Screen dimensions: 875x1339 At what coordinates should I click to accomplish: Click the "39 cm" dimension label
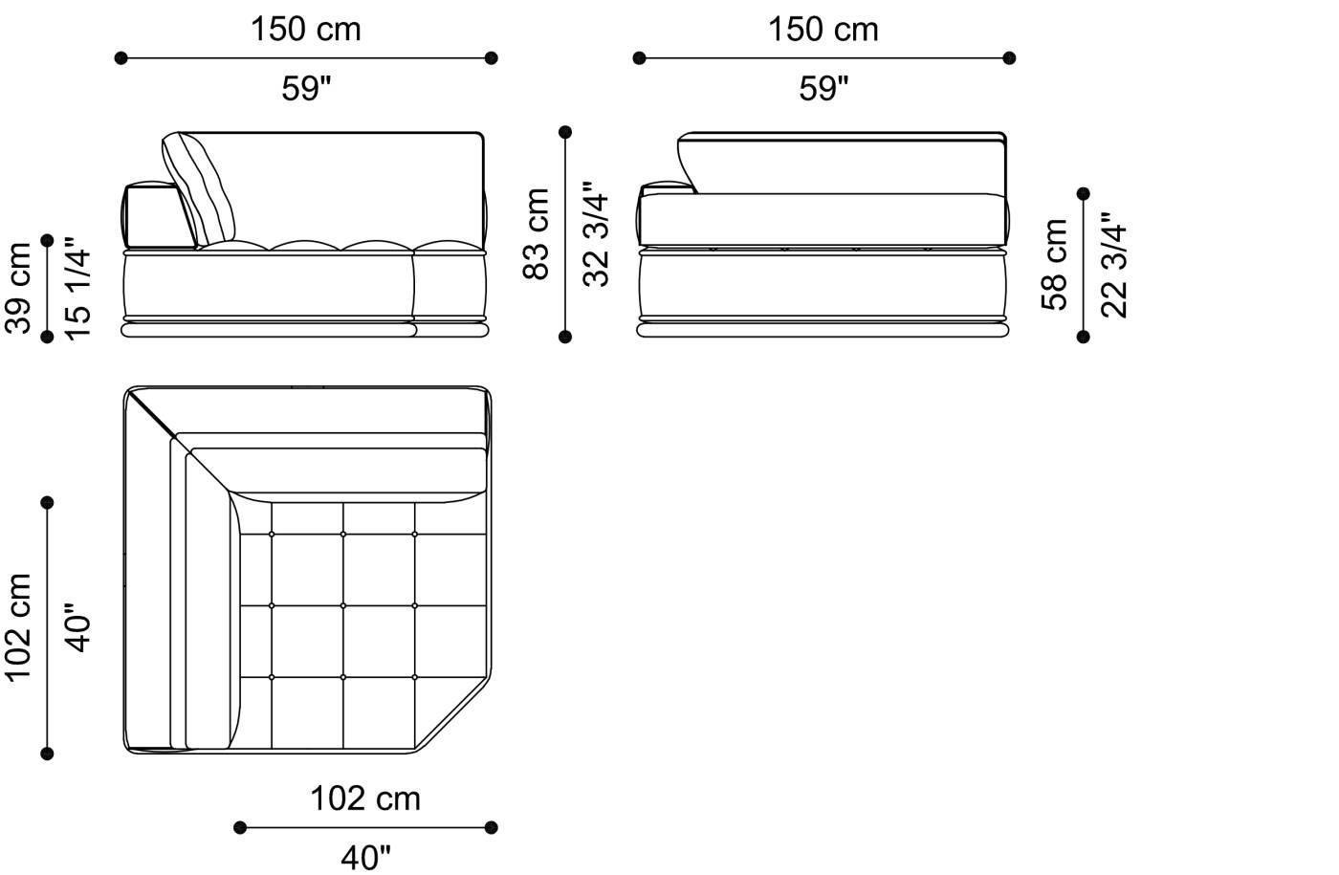point(19,287)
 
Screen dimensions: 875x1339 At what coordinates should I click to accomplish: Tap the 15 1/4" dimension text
point(78,292)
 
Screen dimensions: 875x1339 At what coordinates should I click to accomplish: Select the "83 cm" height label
point(537,233)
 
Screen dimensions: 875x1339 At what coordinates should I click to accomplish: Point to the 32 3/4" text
point(596,234)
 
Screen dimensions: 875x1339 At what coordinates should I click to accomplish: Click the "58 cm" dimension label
point(1054,264)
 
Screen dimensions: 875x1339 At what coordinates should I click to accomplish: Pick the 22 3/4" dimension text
point(1114,265)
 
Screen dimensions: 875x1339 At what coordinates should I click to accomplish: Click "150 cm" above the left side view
point(306,30)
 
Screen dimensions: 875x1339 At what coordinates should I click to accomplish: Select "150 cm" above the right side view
point(823,30)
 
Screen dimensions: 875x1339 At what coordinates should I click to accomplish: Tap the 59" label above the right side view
point(823,89)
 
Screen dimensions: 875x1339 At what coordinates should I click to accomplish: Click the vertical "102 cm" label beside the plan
point(19,627)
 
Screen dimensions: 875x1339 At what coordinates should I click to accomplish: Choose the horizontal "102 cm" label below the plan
point(364,798)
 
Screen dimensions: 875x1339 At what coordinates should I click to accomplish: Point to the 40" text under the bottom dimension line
point(365,858)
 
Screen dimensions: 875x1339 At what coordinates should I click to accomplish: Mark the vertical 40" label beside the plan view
point(78,627)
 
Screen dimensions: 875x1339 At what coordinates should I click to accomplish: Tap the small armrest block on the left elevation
point(151,214)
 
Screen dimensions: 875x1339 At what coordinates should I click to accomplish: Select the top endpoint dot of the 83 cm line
point(565,132)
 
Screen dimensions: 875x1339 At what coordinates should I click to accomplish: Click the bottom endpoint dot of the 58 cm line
point(1083,337)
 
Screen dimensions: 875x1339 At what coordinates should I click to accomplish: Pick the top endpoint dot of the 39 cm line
point(48,240)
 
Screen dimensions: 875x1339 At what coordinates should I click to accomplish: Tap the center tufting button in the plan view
point(343,605)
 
